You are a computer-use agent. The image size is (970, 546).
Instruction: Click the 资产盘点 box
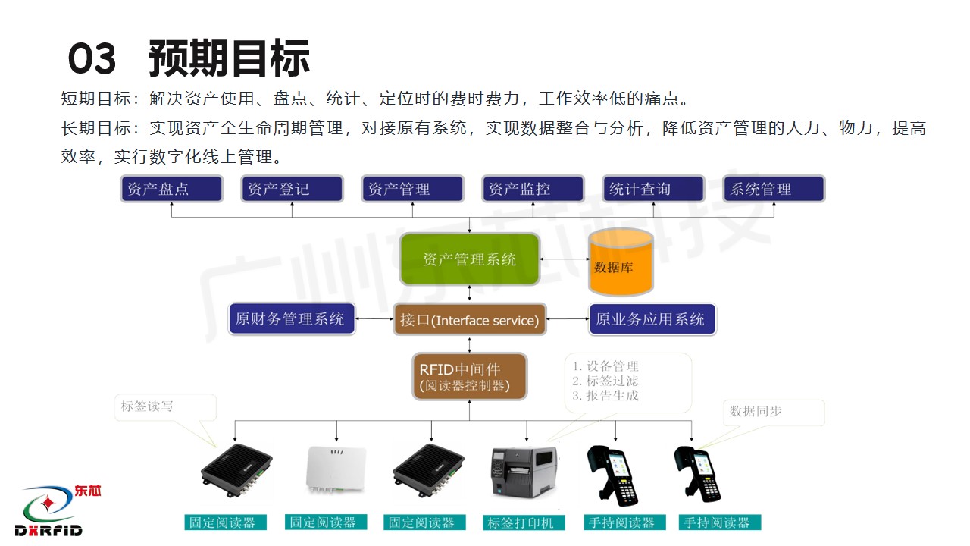(x=171, y=189)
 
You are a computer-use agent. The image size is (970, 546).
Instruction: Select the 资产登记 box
(x=292, y=189)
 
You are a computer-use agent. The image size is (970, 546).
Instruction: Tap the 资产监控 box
(x=533, y=189)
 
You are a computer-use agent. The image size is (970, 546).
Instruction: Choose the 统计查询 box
(x=653, y=189)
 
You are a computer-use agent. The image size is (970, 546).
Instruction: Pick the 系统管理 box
(x=774, y=189)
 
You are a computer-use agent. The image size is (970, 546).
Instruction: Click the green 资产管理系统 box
(x=469, y=259)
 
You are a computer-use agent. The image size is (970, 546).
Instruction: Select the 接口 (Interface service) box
(x=470, y=320)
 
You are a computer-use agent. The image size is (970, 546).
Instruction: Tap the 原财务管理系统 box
(x=292, y=319)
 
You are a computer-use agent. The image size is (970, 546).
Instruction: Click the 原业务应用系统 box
(x=652, y=319)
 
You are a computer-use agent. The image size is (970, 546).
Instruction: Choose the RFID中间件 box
(x=469, y=377)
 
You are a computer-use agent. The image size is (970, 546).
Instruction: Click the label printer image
(x=524, y=472)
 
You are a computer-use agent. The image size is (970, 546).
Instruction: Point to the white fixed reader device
(x=336, y=472)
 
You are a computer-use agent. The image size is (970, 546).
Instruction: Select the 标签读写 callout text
(x=148, y=406)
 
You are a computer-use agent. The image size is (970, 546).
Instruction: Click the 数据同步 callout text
(x=756, y=412)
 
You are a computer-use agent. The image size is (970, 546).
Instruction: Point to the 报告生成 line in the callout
(x=605, y=395)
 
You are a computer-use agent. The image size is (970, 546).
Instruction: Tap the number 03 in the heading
(x=92, y=59)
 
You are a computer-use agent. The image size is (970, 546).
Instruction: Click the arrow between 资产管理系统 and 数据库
(x=565, y=260)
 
